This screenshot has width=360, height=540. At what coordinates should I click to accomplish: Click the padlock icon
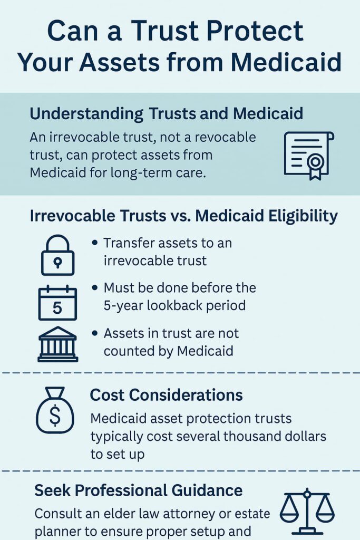click(57, 255)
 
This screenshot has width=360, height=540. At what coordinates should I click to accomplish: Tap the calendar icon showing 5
click(57, 303)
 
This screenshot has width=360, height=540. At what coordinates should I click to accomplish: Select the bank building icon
click(57, 344)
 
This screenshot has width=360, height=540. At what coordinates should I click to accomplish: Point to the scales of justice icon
click(307, 512)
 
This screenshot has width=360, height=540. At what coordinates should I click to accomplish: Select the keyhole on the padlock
click(58, 263)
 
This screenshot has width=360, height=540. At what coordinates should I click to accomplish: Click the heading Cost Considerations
click(166, 394)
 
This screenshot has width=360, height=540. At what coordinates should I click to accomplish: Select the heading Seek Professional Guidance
click(138, 490)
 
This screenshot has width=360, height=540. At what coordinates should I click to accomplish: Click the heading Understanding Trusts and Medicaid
click(166, 114)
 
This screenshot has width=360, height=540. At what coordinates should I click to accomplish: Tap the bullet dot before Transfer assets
click(95, 243)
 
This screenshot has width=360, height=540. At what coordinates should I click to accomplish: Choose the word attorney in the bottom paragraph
click(188, 514)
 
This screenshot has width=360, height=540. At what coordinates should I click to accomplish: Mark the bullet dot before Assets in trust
click(95, 333)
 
